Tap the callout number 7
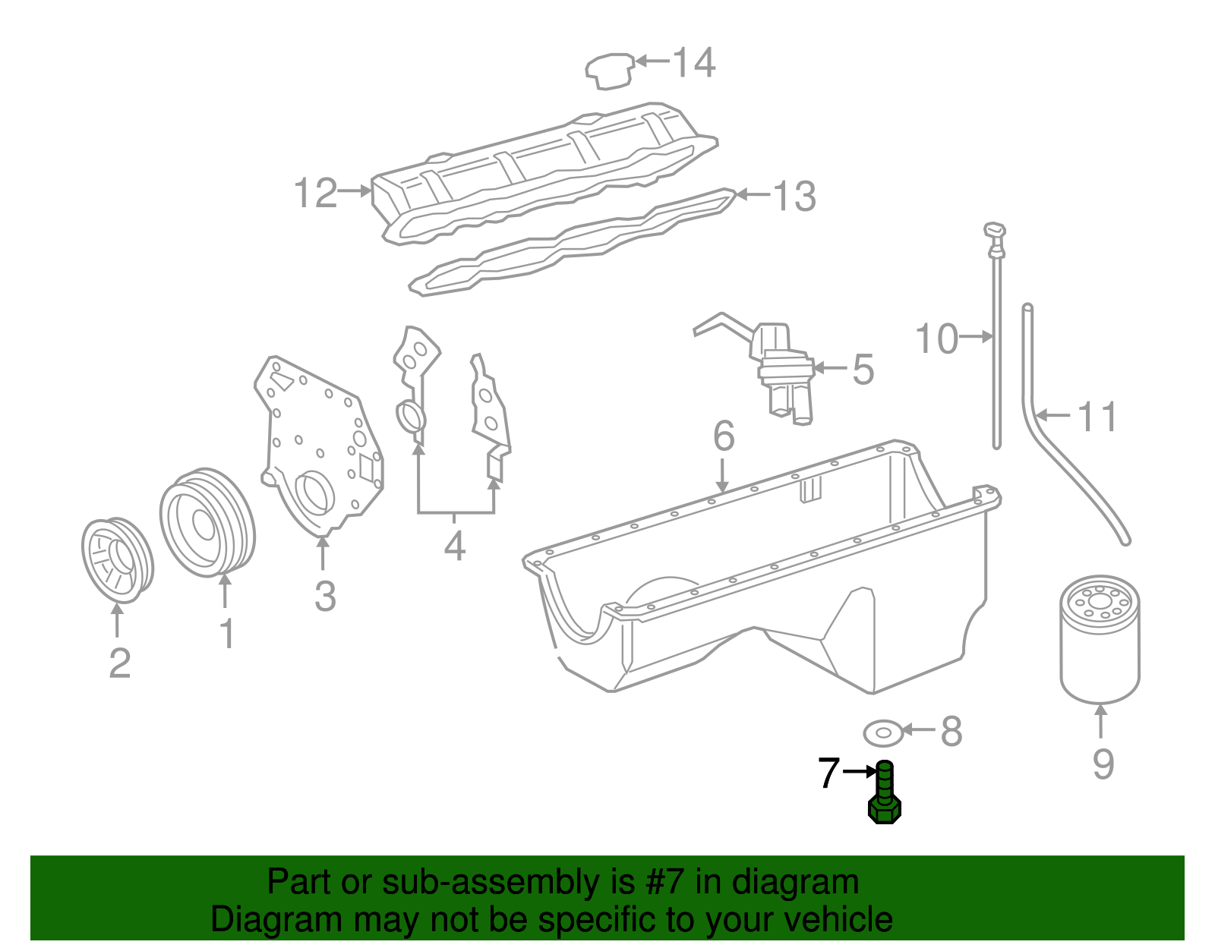tap(828, 773)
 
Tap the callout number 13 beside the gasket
tap(794, 197)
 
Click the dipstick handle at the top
tap(995, 232)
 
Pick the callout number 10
tap(936, 339)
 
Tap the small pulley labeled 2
tap(118, 560)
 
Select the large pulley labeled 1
tap(207, 523)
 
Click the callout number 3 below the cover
tap(325, 596)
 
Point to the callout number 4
tap(454, 546)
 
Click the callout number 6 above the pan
tap(724, 436)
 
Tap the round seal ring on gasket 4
tap(411, 417)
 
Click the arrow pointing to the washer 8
tap(920, 730)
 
